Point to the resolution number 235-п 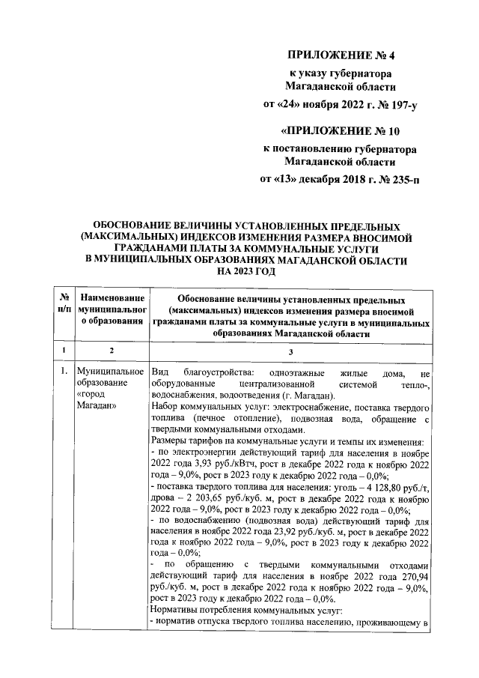pyautogui.click(x=402, y=180)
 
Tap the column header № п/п pyautogui.click(x=65, y=304)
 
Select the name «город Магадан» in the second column pyautogui.click(x=94, y=400)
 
